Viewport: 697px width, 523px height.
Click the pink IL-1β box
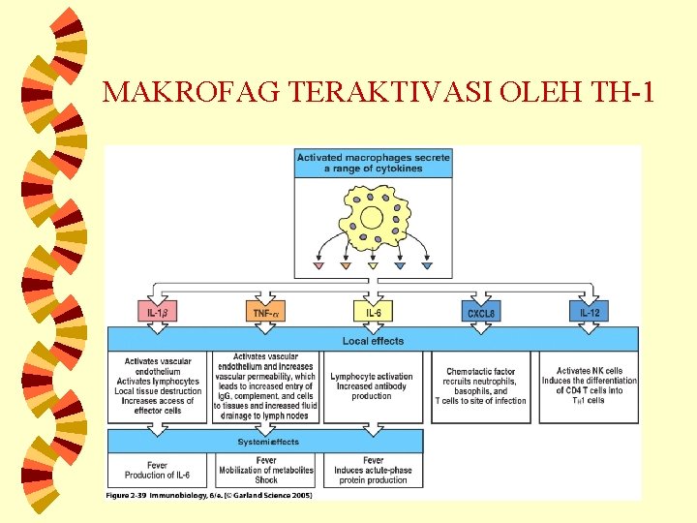coord(157,312)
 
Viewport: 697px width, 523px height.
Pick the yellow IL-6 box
coord(373,312)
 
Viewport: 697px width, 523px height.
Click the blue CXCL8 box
coord(481,312)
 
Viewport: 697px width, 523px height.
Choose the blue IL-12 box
coord(589,312)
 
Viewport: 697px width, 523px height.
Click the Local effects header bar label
coord(373,341)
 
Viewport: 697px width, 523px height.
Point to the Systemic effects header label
coord(268,442)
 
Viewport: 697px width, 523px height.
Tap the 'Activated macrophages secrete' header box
coord(374,163)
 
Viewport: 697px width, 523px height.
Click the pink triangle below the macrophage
coord(318,265)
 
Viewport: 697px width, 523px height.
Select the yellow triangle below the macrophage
coord(373,265)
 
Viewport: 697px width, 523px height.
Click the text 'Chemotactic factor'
coord(480,372)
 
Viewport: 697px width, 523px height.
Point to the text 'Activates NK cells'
coord(589,371)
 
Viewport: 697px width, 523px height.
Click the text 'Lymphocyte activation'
coord(372,377)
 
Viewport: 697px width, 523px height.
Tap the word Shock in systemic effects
coord(266,479)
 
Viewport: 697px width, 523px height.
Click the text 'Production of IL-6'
coord(158,476)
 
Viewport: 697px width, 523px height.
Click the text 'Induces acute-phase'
coord(374,470)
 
